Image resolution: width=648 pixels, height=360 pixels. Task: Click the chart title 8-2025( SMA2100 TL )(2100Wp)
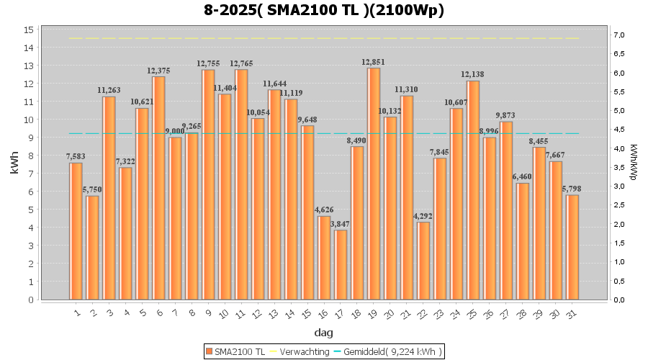[x=323, y=11]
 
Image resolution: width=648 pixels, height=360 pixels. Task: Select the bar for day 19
[x=374, y=184]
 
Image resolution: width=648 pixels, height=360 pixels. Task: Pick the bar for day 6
[x=158, y=188]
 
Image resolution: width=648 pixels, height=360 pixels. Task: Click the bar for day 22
[x=423, y=261]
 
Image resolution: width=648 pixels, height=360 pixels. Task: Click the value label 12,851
[x=374, y=62]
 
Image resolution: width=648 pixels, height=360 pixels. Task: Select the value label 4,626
[x=324, y=210]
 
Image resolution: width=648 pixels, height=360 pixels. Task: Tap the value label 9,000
[x=175, y=131]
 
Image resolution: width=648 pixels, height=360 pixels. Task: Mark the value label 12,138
[x=473, y=74]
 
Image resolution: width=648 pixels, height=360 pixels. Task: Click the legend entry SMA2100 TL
[x=235, y=351]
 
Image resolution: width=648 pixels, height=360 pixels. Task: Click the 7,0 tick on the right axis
[x=618, y=35]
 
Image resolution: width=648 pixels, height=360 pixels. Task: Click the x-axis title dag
[x=323, y=333]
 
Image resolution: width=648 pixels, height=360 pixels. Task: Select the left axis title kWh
[x=14, y=165]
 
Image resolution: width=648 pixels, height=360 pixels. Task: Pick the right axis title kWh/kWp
[x=633, y=165]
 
